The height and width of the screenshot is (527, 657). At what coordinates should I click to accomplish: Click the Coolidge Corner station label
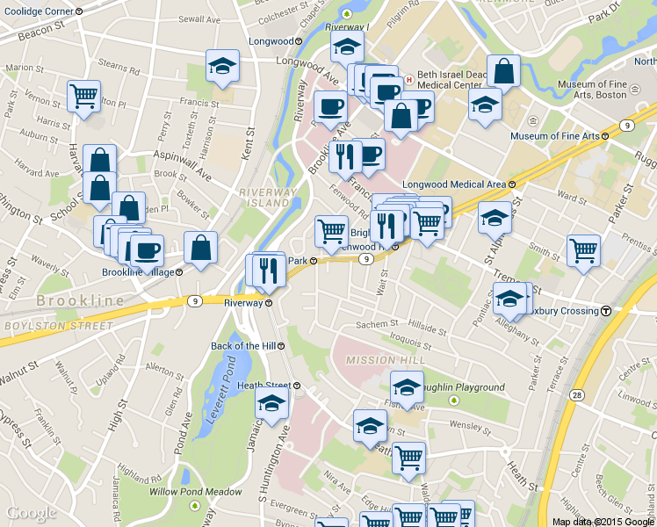point(42,11)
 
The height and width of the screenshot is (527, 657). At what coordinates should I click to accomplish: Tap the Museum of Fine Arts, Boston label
point(607,90)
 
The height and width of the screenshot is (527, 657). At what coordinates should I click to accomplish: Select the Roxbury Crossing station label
point(570,311)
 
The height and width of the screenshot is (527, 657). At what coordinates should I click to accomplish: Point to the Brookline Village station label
point(141,272)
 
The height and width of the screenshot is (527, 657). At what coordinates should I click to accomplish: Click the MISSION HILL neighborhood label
point(379,360)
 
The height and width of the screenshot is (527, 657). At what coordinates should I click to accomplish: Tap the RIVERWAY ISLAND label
point(264,197)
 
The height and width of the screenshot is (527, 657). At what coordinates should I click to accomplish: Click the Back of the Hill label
point(249,346)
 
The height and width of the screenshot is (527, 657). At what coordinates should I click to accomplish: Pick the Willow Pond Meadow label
point(195,492)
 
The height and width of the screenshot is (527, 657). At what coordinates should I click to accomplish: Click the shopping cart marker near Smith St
point(583,249)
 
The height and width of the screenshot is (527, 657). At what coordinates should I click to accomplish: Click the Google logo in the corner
point(31,514)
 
